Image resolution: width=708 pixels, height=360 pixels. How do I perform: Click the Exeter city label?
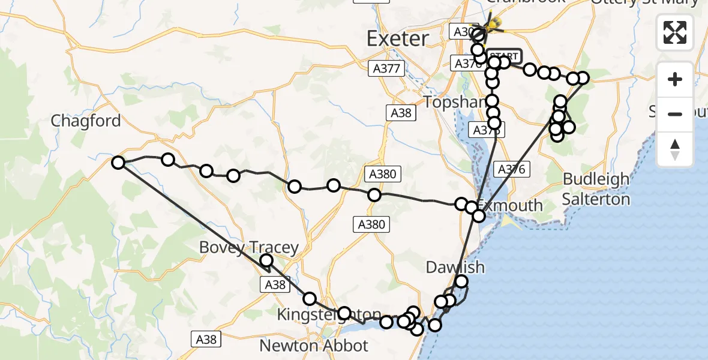pos(398,39)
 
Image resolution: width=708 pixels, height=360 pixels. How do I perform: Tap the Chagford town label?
pos(86,121)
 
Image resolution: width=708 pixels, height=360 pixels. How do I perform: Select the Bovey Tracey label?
pos(248,247)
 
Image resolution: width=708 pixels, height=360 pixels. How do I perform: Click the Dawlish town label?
pos(455,267)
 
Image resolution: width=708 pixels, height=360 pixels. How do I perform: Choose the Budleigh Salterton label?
pos(596,189)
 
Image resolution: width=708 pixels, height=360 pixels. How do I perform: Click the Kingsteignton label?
pos(329,314)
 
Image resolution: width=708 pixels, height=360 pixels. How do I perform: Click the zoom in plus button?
pos(675,79)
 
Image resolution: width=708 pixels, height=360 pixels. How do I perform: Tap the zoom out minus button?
pos(675,114)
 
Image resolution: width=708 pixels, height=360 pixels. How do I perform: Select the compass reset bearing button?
pos(675,149)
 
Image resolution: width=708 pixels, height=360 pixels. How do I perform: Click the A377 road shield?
pos(386,68)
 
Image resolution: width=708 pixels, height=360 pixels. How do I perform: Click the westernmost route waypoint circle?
pos(118,162)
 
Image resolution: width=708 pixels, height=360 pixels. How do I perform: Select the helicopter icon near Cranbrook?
pos(493,25)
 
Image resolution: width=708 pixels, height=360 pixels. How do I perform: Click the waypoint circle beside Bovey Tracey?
pos(266,260)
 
